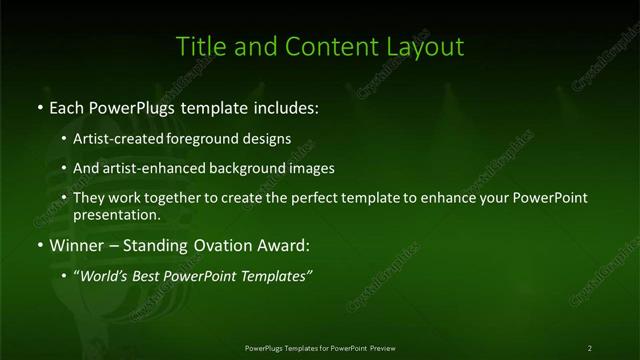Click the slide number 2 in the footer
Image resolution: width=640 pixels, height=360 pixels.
[x=590, y=347]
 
